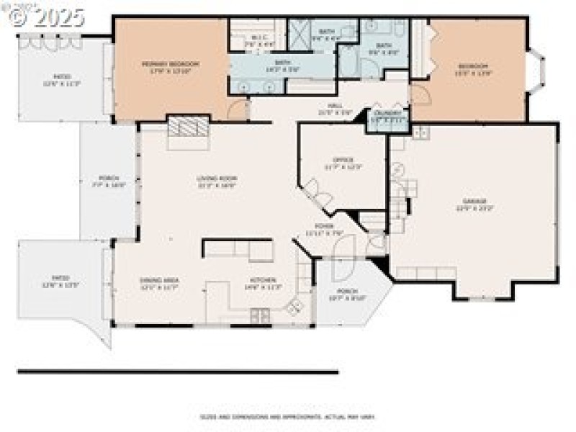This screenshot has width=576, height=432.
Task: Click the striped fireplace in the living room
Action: (189, 129)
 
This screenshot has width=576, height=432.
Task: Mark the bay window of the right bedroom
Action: (536, 70)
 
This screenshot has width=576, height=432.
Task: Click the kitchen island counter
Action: (238, 249)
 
